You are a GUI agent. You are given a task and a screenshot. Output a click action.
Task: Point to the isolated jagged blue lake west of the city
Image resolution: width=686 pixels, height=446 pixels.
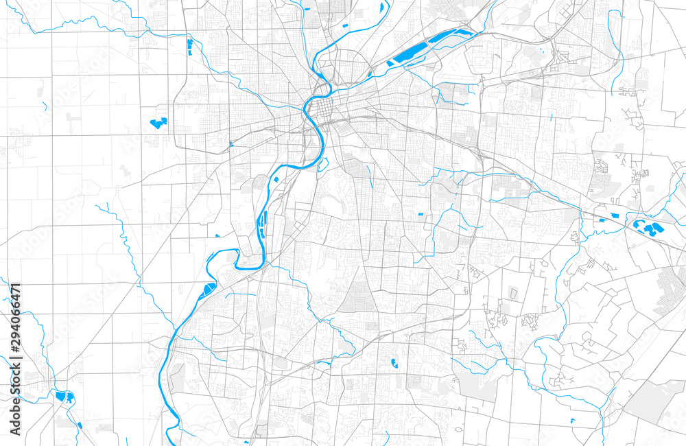click(158, 124)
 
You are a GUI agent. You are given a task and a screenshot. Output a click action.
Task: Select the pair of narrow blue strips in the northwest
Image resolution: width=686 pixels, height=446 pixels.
click(189, 47)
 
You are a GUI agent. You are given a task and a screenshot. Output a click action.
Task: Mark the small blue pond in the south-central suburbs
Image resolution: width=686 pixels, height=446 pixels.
click(394, 363)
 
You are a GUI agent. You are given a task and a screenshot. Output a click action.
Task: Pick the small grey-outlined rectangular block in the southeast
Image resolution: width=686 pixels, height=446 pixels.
click(513, 294)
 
